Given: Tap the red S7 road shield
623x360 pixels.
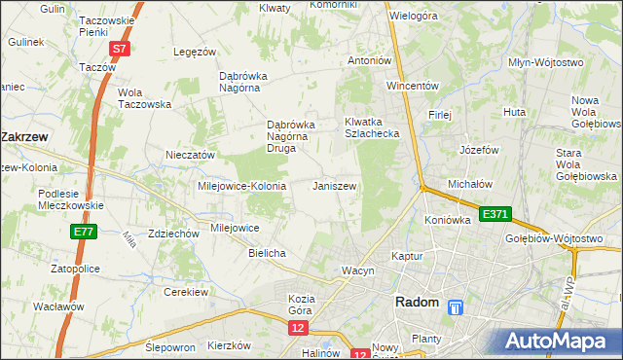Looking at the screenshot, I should pyautogui.click(x=118, y=48).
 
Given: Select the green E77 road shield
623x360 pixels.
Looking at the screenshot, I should pyautogui.click(x=83, y=233).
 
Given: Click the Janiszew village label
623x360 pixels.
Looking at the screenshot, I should pyautogui.click(x=334, y=186).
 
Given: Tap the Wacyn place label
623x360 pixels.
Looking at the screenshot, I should pyautogui.click(x=357, y=270).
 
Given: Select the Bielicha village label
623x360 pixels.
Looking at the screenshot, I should pyautogui.click(x=267, y=253).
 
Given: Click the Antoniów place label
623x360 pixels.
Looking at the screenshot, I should pyautogui.click(x=370, y=60).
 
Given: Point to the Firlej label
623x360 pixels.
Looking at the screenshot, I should pyautogui.click(x=440, y=114).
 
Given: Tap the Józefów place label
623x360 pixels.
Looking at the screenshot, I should pyautogui.click(x=478, y=151).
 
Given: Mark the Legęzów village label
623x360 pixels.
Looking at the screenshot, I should pyautogui.click(x=193, y=52).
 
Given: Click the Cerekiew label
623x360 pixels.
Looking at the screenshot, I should pyautogui.click(x=188, y=292).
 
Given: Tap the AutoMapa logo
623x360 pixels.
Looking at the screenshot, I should pyautogui.click(x=559, y=341).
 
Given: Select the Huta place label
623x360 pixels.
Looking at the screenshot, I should pyautogui.click(x=515, y=114).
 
